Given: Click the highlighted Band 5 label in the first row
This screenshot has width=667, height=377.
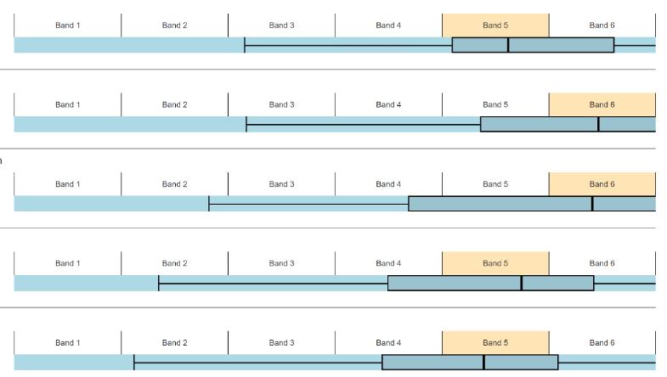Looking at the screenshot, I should coord(495,25).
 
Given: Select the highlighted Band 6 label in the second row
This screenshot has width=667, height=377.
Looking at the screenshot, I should coord(602,104).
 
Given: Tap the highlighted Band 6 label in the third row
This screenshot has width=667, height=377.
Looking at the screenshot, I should coord(602,184).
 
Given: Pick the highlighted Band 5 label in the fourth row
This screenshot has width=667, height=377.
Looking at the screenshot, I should coord(495,263).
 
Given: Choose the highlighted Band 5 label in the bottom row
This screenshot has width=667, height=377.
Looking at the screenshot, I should coord(495,343).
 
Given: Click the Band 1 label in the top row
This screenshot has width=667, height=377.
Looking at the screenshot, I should coord(68,25).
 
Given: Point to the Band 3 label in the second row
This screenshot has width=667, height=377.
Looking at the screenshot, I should coord(281,104).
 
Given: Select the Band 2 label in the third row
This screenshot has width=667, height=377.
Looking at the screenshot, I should coord(174,184).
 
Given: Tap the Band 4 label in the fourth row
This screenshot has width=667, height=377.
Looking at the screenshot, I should coord(388,263).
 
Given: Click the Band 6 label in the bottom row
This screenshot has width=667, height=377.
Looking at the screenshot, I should coord(602,343).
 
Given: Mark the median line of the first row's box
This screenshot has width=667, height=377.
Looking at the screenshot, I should coord(508,45).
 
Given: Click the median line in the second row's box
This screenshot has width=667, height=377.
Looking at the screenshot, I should coord(598,124).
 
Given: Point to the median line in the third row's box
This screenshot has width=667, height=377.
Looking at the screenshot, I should coord(592,204).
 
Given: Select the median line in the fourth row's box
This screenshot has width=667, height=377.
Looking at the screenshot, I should coord(522,283).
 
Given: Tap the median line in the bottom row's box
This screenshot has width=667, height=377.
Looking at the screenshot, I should coord(483,363).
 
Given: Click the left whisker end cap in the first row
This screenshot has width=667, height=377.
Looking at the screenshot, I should coord(245,45).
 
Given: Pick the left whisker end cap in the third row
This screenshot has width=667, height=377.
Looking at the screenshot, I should coord(209,204).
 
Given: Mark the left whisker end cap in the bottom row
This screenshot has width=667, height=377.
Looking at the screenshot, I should coord(134,363).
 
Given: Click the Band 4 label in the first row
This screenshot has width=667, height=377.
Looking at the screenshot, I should coord(388,25).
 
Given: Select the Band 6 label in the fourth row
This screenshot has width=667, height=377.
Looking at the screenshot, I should coord(602,263).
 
